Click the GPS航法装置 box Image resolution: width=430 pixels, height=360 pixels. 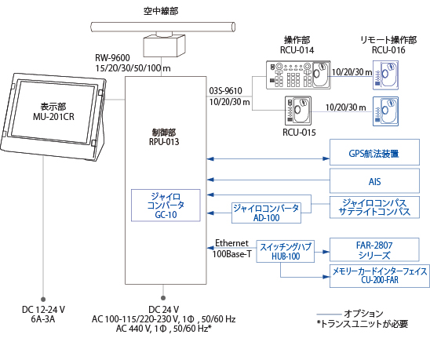(374, 152)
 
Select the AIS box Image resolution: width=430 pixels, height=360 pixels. (374, 181)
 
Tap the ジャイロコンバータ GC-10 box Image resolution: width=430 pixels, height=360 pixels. (166, 205)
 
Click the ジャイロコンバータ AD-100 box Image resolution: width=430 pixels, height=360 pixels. (266, 213)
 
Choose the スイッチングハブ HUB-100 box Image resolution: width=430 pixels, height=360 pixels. (285, 252)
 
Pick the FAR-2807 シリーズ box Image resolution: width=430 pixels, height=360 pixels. (374, 249)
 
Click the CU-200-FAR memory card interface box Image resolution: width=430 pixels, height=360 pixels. (380, 276)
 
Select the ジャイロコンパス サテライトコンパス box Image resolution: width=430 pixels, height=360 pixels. (374, 207)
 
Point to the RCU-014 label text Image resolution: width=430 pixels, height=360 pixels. (297, 50)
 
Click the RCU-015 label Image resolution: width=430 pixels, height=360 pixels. (299, 133)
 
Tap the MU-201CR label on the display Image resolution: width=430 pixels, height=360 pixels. (53, 117)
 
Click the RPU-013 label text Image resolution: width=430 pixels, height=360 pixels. (164, 142)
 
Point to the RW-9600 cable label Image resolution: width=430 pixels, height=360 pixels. (112, 58)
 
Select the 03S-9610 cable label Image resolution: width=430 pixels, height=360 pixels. (226, 91)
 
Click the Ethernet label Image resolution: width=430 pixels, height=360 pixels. (231, 243)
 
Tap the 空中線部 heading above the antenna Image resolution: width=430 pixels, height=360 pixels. (161, 11)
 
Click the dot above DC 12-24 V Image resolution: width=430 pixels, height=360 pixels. (43, 300)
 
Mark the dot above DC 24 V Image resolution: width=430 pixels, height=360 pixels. (163, 298)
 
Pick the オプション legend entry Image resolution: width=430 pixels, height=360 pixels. (363, 314)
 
